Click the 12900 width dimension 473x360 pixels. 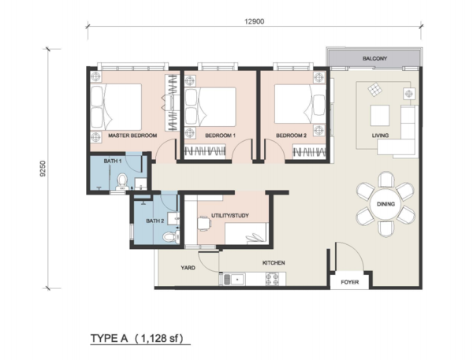pos(255,21)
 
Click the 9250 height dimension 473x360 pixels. pos(43,169)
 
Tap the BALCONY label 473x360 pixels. pos(374,58)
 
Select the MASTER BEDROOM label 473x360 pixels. pos(132,135)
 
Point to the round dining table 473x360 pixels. pos(385,204)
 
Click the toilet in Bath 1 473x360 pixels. pos(122,181)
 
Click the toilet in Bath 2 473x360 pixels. pos(170,236)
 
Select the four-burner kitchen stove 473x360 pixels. pos(273,278)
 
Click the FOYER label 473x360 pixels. pos(349,283)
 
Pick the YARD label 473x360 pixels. pos(188,268)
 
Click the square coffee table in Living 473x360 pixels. pos(380,115)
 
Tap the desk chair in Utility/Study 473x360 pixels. pos(204,223)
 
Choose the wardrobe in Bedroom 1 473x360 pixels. pos(204,151)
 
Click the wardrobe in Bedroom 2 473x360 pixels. pos(309,151)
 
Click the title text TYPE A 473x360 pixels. pos(110,338)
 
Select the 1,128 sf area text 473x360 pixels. pos(158,338)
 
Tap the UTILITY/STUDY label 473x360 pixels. pos(230,216)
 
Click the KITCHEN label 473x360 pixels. pos(274,263)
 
